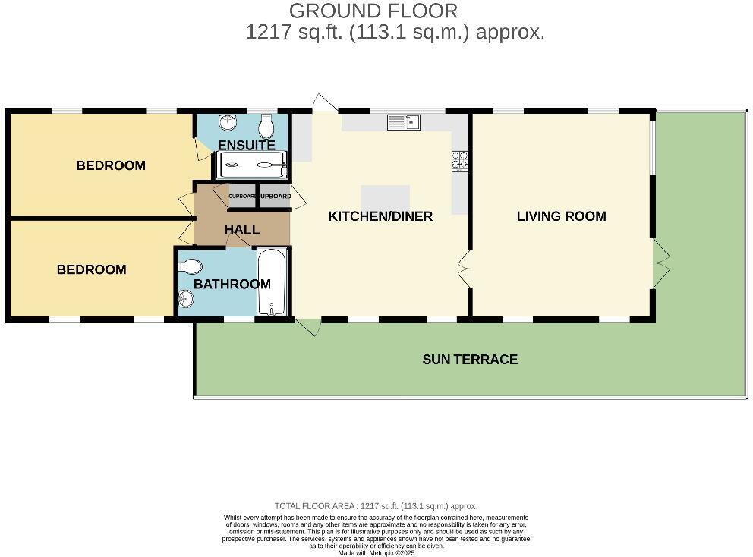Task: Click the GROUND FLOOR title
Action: [x=373, y=11]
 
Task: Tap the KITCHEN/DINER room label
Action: [x=380, y=216]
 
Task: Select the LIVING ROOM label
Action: [x=561, y=216]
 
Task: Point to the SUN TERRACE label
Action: [x=470, y=360]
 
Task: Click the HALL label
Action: [x=241, y=229]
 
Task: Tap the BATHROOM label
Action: [x=232, y=285]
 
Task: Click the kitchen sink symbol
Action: [x=403, y=122]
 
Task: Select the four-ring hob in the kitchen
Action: [x=460, y=159]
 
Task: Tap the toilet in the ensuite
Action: [x=266, y=124]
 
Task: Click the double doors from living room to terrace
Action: [x=660, y=263]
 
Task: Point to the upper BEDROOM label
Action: [x=111, y=165]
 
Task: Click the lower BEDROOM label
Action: [x=92, y=269]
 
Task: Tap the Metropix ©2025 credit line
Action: [x=376, y=553]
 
